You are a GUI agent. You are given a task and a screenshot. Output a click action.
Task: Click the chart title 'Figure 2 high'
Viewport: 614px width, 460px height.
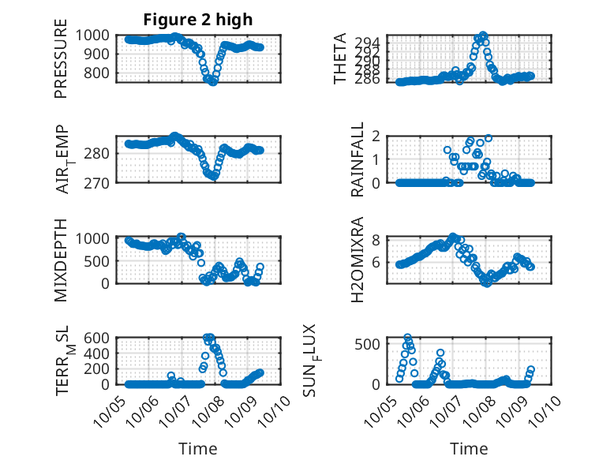coord(197,19)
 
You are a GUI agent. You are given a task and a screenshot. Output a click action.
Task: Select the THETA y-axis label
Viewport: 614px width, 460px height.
coord(340,59)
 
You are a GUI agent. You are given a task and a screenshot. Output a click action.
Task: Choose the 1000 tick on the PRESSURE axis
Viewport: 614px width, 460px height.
coord(98,36)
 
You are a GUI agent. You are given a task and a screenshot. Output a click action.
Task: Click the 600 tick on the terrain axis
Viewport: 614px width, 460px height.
coord(102,338)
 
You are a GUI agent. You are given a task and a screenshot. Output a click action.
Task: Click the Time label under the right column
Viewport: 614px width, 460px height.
coord(469,449)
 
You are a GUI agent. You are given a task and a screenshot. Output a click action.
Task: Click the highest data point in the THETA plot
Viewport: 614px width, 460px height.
coord(482,35)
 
